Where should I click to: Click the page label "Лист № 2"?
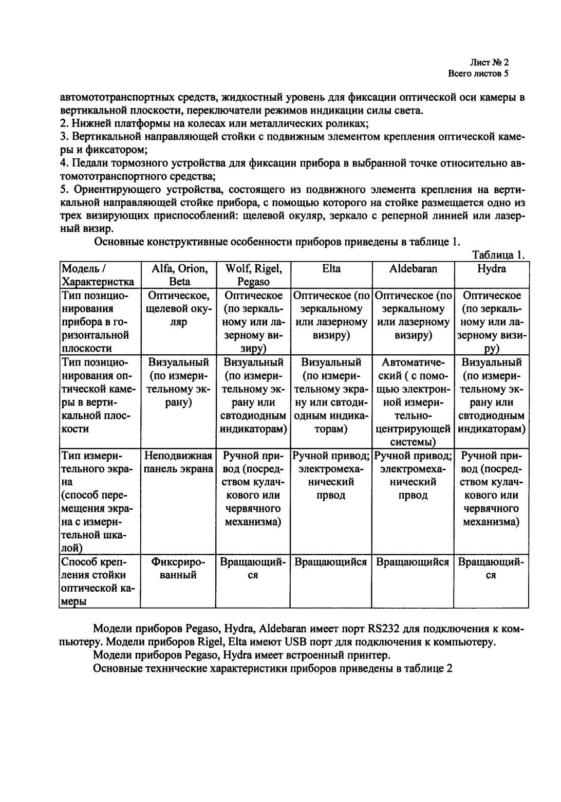click(x=489, y=62)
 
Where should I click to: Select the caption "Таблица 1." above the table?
click(x=498, y=255)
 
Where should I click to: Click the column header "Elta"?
click(x=331, y=268)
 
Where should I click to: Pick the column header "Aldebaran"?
click(x=414, y=268)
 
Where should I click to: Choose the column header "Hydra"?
click(x=491, y=268)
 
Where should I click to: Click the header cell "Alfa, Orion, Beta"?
click(x=179, y=275)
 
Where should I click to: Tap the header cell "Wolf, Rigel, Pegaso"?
click(x=253, y=275)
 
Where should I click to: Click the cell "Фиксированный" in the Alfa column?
click(x=179, y=568)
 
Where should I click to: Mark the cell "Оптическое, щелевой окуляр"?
click(x=179, y=308)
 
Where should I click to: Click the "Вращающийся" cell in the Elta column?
click(x=331, y=562)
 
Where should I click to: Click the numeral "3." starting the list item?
click(x=64, y=137)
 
